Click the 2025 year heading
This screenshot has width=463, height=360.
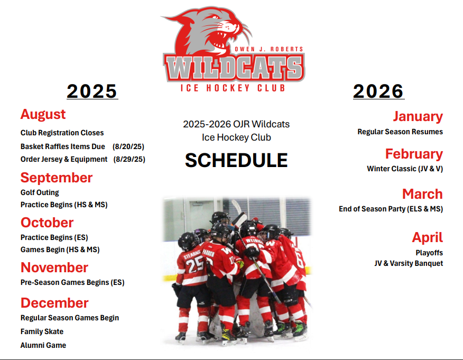(92, 91)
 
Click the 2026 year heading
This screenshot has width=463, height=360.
(378, 91)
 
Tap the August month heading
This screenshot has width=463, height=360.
(43, 115)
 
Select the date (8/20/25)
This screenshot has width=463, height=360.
(128, 146)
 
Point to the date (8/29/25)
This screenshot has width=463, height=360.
(129, 159)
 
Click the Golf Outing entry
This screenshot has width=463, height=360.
(40, 192)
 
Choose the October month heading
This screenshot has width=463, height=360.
(47, 223)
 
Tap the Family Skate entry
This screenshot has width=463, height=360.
(42, 331)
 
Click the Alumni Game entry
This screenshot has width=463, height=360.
(43, 345)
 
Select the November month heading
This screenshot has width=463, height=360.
(54, 267)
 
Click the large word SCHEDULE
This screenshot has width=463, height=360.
(236, 160)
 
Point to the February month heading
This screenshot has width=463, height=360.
(414, 154)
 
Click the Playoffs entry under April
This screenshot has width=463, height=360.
(429, 253)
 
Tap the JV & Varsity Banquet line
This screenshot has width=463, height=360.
(409, 263)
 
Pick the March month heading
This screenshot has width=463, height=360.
(422, 194)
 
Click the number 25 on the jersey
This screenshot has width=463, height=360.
(195, 264)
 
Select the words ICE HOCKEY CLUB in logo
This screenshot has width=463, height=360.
(233, 88)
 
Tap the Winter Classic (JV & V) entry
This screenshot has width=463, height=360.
(405, 169)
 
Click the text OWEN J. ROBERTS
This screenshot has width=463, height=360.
(268, 49)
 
